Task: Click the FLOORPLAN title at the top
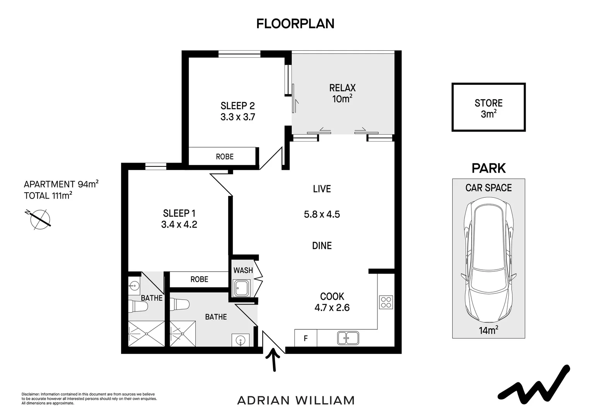[295, 24]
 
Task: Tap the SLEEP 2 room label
[238, 106]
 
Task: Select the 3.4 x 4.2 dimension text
[179, 224]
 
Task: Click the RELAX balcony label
[342, 88]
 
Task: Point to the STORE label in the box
[489, 103]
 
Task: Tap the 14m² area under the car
[489, 330]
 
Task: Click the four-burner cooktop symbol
[386, 302]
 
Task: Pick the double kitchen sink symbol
[348, 338]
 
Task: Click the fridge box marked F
[306, 338]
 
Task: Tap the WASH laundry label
[243, 271]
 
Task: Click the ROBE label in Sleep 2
[225, 157]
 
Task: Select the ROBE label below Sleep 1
[200, 279]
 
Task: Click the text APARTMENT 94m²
[61, 184]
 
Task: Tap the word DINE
[322, 245]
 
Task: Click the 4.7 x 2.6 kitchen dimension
[332, 308]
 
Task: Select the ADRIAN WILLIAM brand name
[296, 401]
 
